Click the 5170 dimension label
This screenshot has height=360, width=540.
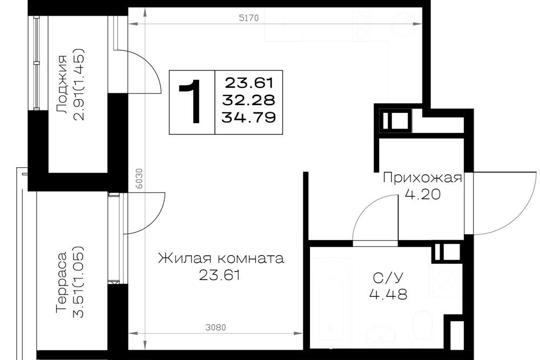coord(248,18)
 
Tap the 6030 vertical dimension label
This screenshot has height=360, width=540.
coord(138,178)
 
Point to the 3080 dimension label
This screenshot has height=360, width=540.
coord(215,327)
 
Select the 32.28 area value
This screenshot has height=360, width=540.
coord(248,100)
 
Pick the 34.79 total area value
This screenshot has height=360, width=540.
coord(248,117)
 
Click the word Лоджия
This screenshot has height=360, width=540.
coord(62,85)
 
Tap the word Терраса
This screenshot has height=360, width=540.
coord(62,283)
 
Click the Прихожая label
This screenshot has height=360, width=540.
coord(422,178)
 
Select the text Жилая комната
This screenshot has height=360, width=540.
coord(221,258)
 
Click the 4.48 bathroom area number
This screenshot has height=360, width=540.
coord(388,294)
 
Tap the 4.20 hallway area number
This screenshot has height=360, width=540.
coord(422,195)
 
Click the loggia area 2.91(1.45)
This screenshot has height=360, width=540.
coord(79,85)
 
